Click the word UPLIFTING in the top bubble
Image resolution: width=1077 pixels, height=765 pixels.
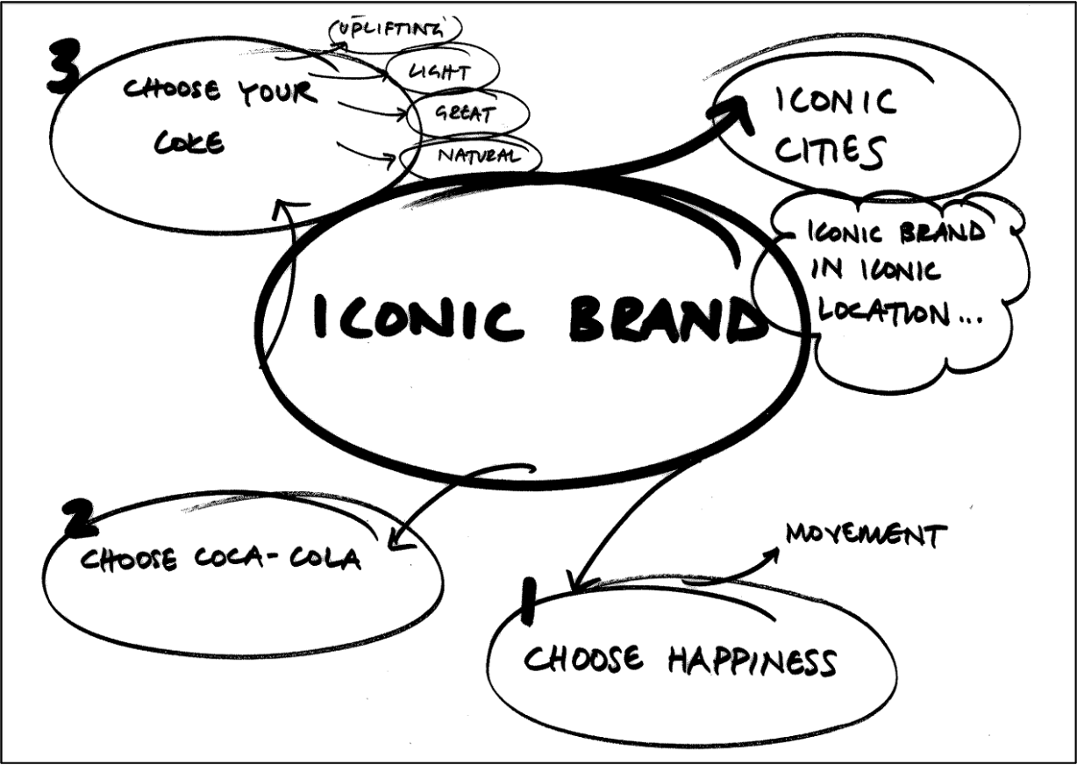(389, 31)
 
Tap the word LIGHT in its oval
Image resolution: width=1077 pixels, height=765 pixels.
(439, 72)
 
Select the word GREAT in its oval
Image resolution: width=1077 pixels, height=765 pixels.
(465, 114)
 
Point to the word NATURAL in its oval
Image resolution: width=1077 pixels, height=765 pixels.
(479, 154)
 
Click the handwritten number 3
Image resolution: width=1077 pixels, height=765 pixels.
(63, 67)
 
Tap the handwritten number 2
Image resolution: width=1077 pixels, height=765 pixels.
(81, 518)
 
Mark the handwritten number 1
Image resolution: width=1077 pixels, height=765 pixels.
(528, 602)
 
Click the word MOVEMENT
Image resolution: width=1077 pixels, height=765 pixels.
(867, 534)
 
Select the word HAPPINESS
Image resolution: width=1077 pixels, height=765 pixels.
(752, 662)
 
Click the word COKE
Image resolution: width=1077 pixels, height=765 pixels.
(189, 142)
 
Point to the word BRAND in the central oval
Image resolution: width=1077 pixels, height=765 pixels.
(668, 318)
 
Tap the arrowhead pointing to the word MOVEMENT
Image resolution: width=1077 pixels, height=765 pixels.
(771, 554)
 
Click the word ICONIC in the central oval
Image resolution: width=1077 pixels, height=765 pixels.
(417, 318)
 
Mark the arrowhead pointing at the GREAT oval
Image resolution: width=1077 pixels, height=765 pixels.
(402, 114)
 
